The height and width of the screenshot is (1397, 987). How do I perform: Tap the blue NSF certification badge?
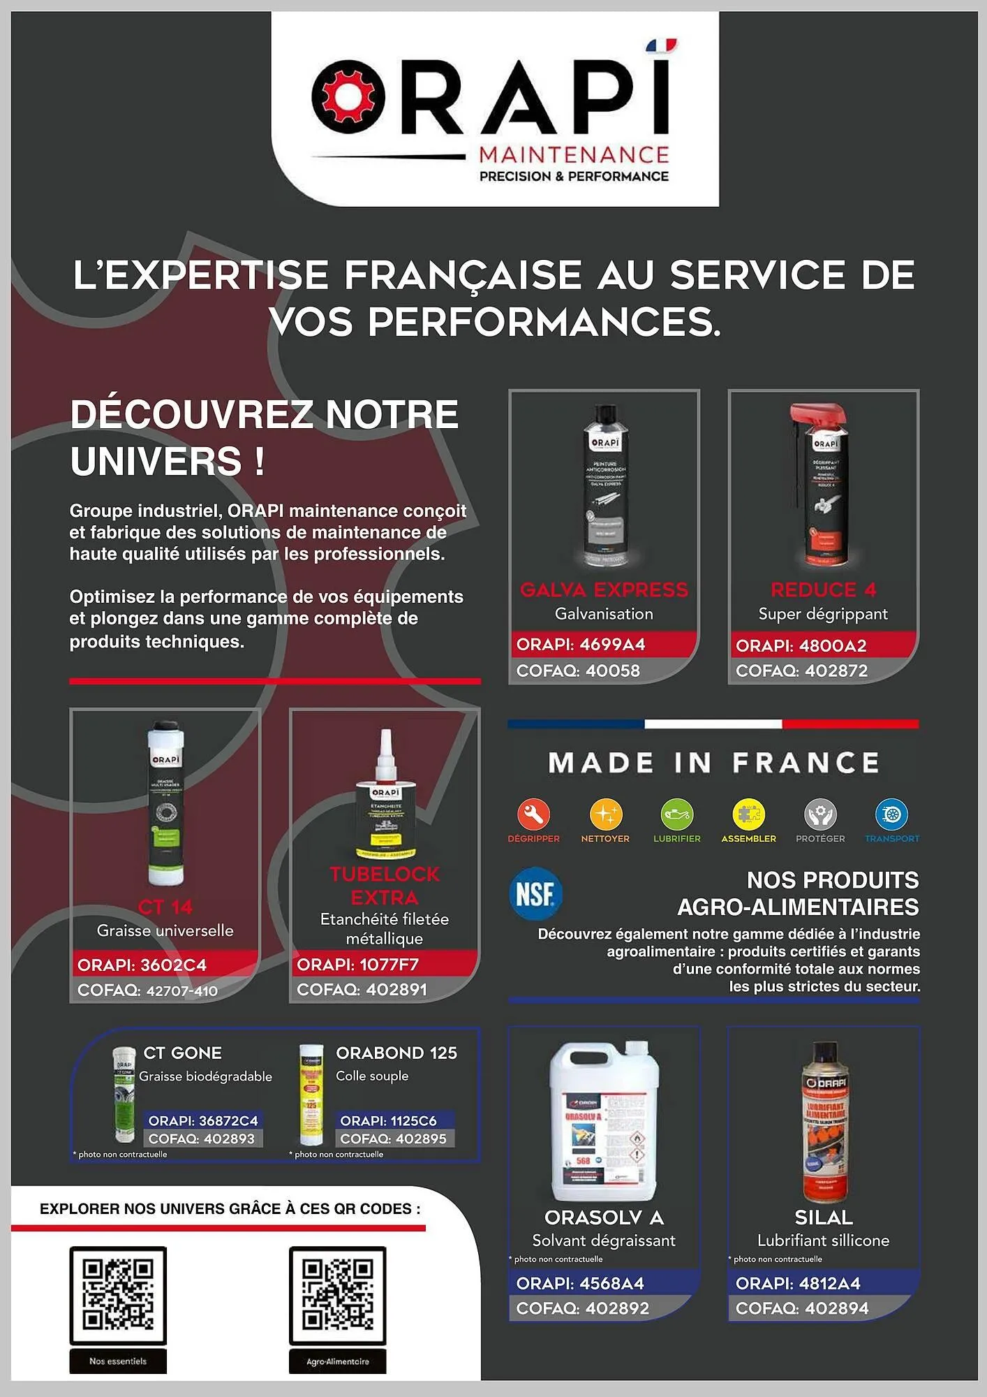pyautogui.click(x=535, y=893)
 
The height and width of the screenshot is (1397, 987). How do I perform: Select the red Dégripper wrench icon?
pyautogui.click(x=534, y=814)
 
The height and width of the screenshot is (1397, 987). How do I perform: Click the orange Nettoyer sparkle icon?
pyautogui.click(x=605, y=814)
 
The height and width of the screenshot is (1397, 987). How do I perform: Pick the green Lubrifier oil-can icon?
pyautogui.click(x=676, y=814)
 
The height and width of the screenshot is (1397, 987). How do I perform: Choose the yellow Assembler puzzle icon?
pyautogui.click(x=748, y=814)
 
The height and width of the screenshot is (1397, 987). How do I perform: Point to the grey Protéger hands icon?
pyautogui.click(x=820, y=814)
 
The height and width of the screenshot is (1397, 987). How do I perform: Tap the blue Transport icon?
pyautogui.click(x=892, y=814)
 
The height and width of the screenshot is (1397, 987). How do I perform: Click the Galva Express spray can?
pyautogui.click(x=604, y=485)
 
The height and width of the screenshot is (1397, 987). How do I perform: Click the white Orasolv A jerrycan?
pyautogui.click(x=604, y=1122)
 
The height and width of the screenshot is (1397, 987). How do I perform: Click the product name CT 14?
pyautogui.click(x=165, y=907)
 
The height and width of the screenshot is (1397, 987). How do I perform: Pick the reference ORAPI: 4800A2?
pyautogui.click(x=801, y=645)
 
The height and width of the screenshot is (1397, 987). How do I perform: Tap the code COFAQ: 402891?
pyautogui.click(x=362, y=990)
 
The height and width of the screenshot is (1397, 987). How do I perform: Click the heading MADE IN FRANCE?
pyautogui.click(x=713, y=763)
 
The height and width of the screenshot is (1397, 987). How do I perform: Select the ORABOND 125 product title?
pyautogui.click(x=396, y=1053)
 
